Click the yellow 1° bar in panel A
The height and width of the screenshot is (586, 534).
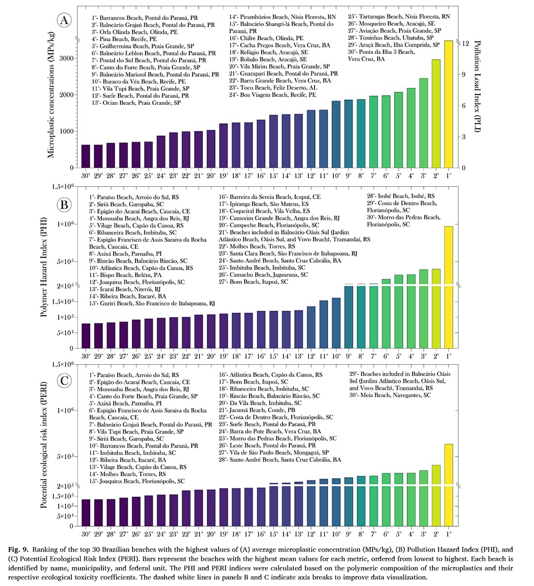click(449, 104)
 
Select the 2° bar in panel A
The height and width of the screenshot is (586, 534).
click(436, 114)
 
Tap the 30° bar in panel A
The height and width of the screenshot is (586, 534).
click(86, 156)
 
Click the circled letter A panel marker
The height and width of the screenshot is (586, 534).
click(64, 20)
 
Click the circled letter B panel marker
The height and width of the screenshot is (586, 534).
click(64, 204)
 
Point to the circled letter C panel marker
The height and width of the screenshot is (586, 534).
click(64, 380)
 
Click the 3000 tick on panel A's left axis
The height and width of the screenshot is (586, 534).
click(67, 59)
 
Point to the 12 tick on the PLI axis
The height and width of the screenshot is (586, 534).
click(465, 43)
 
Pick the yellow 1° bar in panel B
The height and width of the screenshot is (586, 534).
click(449, 286)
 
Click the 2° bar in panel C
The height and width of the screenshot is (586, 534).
click(436, 495)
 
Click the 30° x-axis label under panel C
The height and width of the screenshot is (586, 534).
click(86, 534)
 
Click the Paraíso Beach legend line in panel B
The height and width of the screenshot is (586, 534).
click(133, 197)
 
